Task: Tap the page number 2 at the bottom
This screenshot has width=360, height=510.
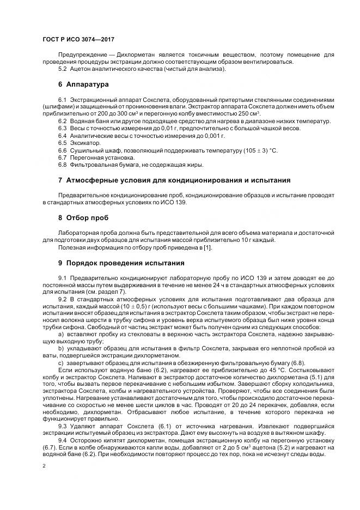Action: pos(44,466)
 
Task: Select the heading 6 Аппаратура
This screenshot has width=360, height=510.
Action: pos(83,85)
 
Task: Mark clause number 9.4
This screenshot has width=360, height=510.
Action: pos(62,440)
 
